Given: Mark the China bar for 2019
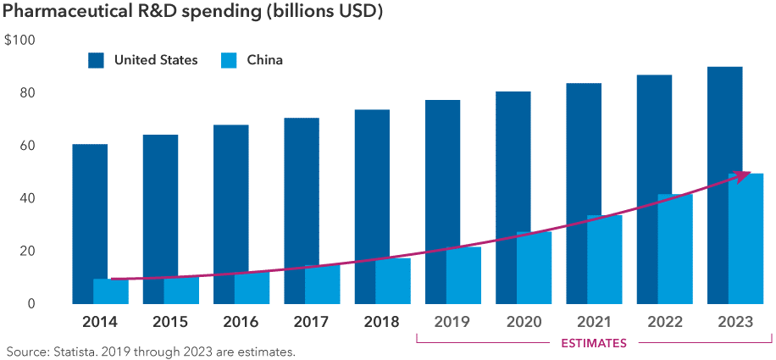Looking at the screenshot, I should [463, 275].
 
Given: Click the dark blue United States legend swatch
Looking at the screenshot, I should [96, 60].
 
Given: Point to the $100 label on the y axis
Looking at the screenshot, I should [19, 41].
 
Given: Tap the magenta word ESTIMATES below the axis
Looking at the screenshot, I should [594, 343].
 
